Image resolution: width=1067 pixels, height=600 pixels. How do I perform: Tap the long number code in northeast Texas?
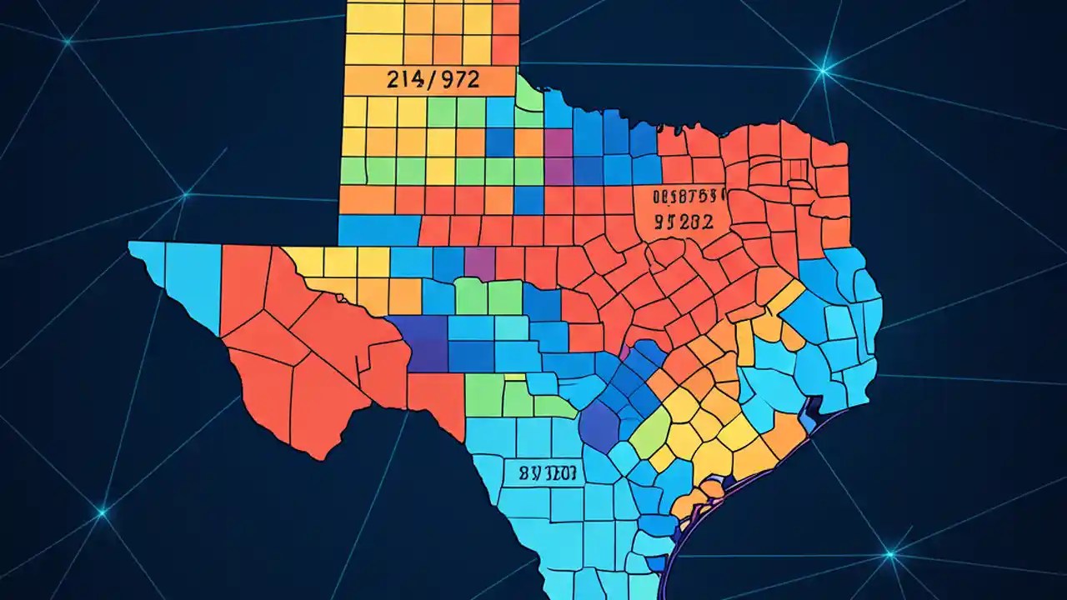tap(680, 197)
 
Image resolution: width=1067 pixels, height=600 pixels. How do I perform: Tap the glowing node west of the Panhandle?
tap(184, 195)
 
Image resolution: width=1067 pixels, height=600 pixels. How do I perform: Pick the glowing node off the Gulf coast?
tap(890, 553)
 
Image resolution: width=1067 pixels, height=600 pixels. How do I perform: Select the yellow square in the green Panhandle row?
tap(440, 171)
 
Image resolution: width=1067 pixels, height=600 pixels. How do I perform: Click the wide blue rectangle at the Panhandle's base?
tap(379, 230)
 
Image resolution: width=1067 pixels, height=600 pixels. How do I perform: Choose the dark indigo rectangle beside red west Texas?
tap(417, 342)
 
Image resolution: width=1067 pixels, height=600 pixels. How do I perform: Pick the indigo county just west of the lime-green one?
tap(598, 425)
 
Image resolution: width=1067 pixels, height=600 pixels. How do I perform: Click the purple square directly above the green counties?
tap(479, 262)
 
